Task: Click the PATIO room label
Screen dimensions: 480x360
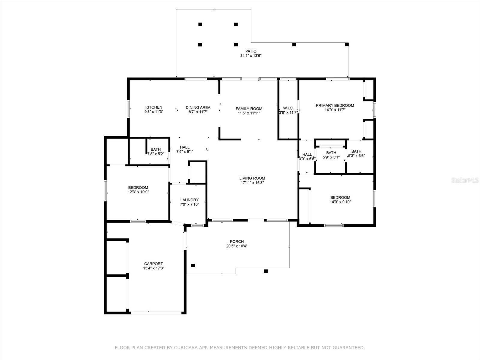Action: coord(251,51)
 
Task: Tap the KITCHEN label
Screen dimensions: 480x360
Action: coord(154,107)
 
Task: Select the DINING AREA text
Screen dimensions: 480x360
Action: coord(198,107)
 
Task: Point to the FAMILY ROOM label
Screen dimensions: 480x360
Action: coord(249,109)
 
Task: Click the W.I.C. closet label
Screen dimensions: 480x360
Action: coord(288,108)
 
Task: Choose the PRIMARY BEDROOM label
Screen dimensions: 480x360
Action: coord(335,105)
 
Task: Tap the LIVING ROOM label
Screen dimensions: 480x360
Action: coord(252,178)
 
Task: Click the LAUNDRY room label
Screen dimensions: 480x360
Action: coord(189,200)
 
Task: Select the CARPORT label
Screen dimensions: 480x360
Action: coord(153,264)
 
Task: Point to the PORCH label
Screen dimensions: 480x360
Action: coord(237,241)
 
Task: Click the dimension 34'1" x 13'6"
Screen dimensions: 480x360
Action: coord(251,55)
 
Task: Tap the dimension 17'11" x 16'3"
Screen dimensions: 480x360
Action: coord(252,183)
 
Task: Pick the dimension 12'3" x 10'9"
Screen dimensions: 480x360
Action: coord(138,192)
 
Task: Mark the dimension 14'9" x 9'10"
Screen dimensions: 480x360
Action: coord(340,202)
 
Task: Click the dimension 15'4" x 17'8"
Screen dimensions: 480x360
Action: coord(154,268)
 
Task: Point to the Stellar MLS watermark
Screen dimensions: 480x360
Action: coord(465,180)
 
